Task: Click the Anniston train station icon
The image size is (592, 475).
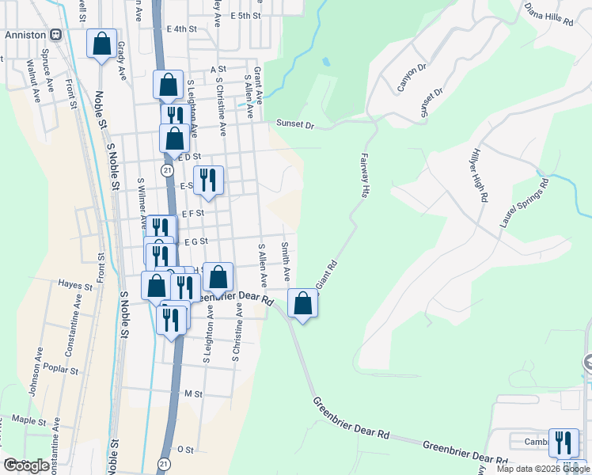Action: [x=56, y=34]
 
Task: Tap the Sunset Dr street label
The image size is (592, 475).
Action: [x=295, y=124]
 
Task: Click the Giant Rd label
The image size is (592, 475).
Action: [x=327, y=274]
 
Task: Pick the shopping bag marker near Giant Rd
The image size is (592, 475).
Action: [x=302, y=303]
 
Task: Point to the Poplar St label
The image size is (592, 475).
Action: [x=63, y=370]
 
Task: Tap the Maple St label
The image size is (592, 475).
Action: [x=30, y=420]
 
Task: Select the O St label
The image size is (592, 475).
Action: [x=186, y=449]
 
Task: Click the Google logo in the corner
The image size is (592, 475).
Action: [x=26, y=465]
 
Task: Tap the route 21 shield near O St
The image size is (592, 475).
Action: [x=164, y=462]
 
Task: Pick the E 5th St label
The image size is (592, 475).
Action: [x=246, y=15]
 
